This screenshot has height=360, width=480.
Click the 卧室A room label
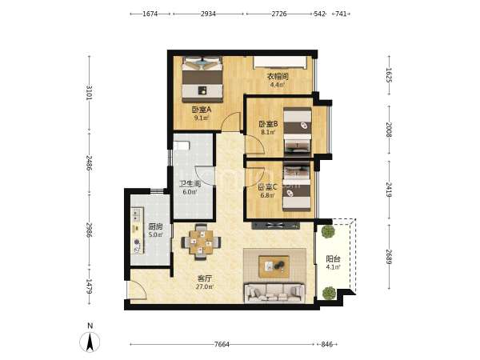coord(202,110)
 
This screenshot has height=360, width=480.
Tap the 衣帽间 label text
coord(278,76)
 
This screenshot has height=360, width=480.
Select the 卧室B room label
coord(268,124)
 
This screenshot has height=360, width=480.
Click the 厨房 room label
coord(155,227)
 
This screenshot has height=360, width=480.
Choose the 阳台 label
coord(333,259)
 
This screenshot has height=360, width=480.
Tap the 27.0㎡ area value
coord(205,287)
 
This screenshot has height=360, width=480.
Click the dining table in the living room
coord(201,242)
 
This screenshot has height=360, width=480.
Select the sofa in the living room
coord(274,293)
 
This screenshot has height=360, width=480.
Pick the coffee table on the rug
coord(274,266)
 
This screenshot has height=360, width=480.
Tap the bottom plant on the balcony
coord(329,293)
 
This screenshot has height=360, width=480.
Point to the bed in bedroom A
coord(202,79)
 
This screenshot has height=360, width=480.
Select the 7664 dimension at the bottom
coord(222,344)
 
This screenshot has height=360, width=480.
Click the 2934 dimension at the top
coord(208,14)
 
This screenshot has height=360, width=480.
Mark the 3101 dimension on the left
coord(89,93)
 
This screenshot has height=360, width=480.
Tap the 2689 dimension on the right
coord(389,257)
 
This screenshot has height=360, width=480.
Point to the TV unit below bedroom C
coord(276,226)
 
